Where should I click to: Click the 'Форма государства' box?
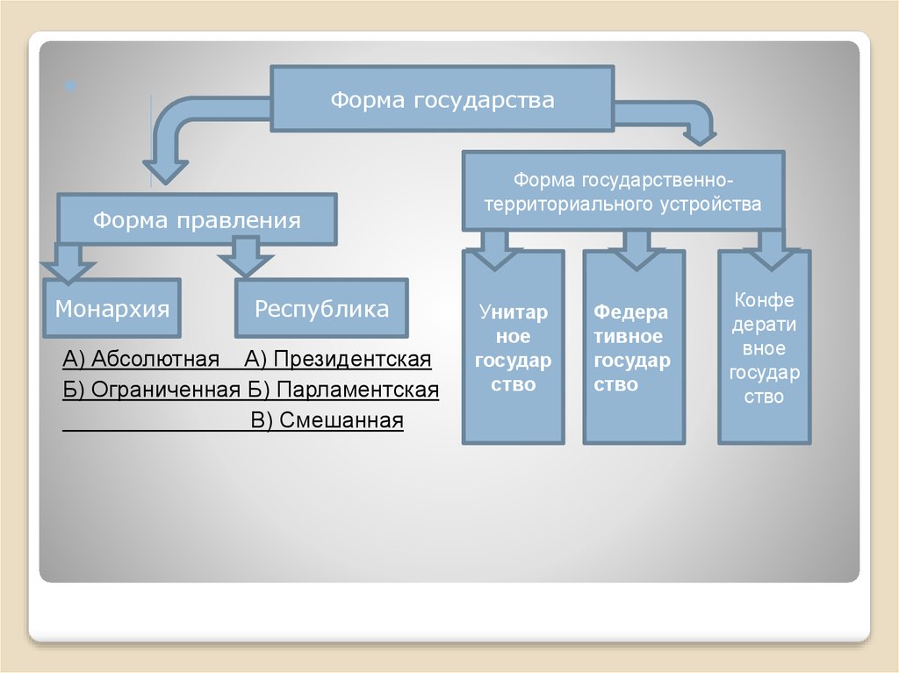(x=442, y=100)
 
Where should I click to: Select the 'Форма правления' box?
(x=197, y=219)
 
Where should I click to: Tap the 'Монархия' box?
(x=112, y=309)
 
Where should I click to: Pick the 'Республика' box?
(x=321, y=309)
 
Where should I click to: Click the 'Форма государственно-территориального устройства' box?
(x=623, y=191)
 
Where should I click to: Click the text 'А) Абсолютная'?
(x=140, y=360)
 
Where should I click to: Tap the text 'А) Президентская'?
(x=339, y=360)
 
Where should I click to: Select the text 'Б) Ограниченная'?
(x=152, y=390)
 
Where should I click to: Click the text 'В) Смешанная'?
(x=327, y=420)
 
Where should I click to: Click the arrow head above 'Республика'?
(x=246, y=261)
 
